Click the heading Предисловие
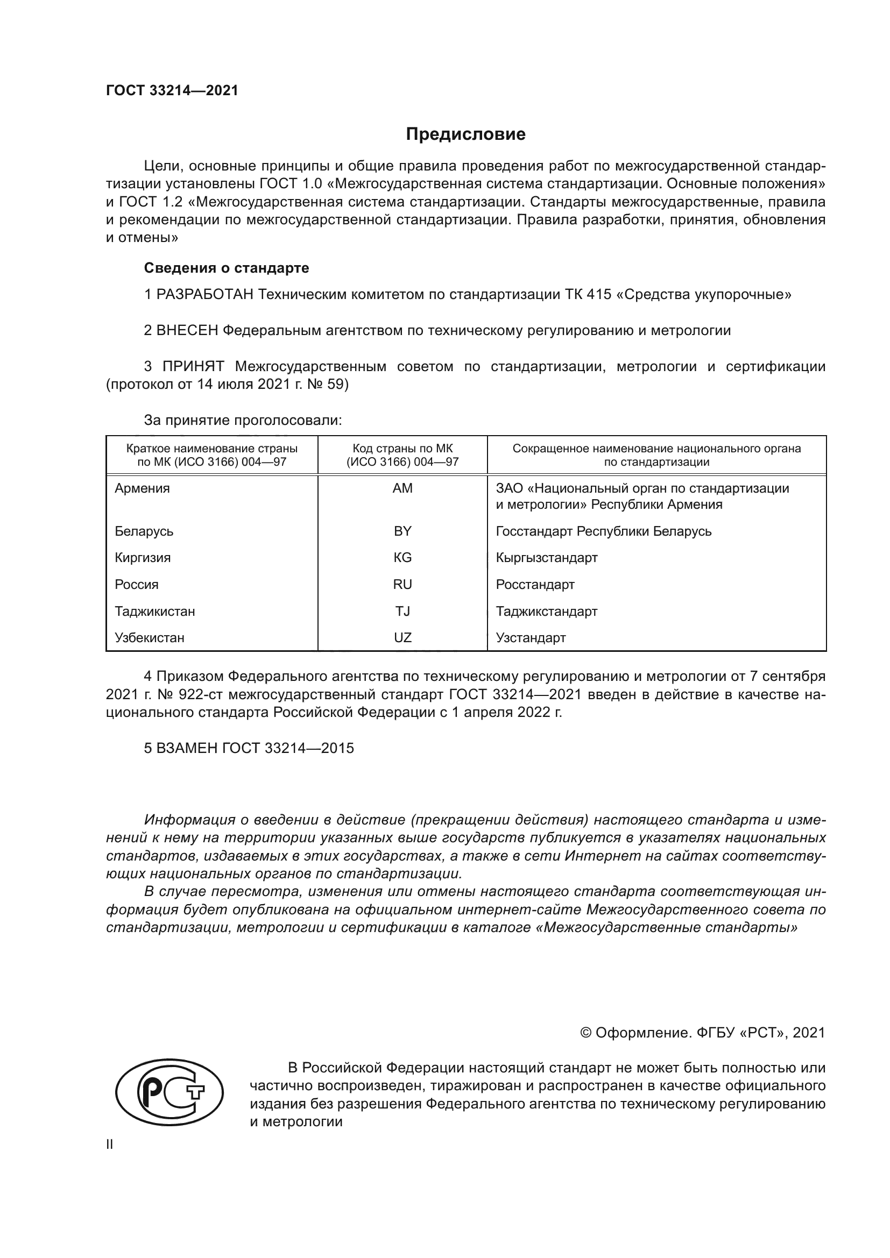point(465,134)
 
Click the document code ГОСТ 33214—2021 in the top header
point(172,91)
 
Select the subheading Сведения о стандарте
point(227,268)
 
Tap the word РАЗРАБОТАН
point(205,295)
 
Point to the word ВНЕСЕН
point(187,330)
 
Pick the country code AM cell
point(402,488)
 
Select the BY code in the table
point(402,531)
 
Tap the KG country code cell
point(402,558)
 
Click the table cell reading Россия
point(137,585)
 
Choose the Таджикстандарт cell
point(546,612)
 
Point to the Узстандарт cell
point(531,638)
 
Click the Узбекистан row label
point(149,638)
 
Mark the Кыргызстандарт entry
point(546,558)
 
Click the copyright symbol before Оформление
point(585,1033)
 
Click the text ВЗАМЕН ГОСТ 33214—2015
point(249,749)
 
